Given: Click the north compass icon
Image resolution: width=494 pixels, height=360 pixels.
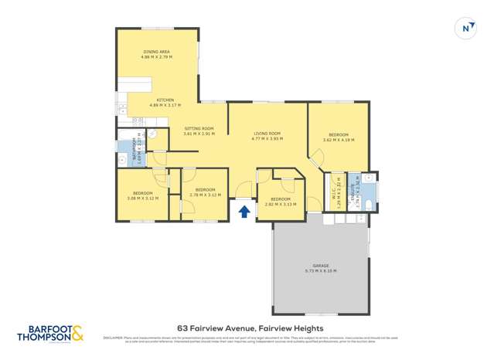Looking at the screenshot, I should pos(465,28).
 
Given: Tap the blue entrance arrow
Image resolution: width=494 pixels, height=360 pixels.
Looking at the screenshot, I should pos(244,210).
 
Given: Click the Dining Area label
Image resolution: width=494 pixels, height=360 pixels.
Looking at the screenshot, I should pos(156,54).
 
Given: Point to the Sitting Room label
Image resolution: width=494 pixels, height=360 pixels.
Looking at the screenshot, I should pos(199,131).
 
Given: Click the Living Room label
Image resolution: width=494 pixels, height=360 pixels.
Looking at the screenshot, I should pos(267,135).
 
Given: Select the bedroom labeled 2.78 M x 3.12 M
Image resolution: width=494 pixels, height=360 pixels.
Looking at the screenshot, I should pos(205,192).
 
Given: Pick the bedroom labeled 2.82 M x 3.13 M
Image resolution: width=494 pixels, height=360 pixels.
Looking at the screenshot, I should pos(281,202).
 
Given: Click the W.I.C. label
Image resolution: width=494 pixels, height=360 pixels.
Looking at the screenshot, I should pos(336,189).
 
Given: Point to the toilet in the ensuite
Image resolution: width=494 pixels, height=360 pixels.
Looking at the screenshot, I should pos(369,204).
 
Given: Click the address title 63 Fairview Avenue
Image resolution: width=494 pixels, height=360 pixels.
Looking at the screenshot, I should pos(247,327).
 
